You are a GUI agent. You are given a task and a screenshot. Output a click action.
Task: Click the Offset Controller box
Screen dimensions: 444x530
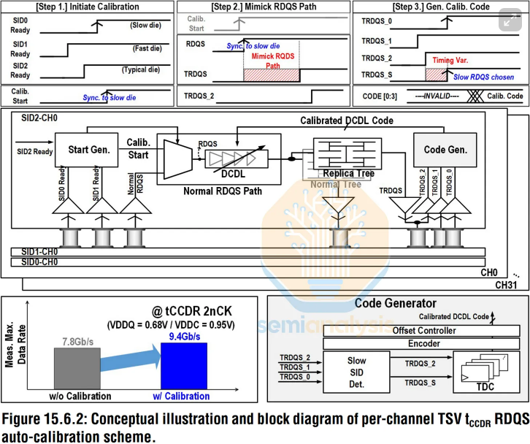tap(393, 331)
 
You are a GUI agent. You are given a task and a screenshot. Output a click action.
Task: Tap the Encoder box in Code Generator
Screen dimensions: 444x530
tap(393, 343)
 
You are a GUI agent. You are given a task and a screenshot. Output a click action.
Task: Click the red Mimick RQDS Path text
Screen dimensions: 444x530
tap(272, 60)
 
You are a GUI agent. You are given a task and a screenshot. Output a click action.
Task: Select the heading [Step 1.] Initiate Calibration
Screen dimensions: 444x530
tap(88, 7)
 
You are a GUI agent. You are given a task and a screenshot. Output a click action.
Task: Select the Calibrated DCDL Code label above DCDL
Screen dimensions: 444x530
tap(347, 120)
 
